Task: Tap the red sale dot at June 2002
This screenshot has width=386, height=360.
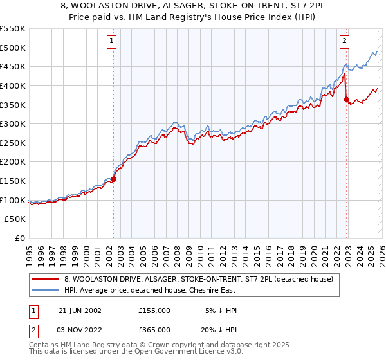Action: pos(114,179)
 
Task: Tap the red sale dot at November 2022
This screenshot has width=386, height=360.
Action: pos(346,99)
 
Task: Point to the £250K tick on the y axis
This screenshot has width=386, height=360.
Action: pos(14,143)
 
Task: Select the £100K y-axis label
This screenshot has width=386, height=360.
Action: pos(14,200)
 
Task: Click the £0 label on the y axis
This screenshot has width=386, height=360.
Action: pos(21,239)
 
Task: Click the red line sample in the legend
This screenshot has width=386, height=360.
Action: pos(46,279)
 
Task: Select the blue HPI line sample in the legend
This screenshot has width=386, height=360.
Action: pos(46,290)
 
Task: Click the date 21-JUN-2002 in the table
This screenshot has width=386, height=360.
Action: pos(80,310)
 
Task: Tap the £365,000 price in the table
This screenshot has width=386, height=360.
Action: pos(154,330)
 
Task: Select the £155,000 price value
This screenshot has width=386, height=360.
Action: pos(154,310)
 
